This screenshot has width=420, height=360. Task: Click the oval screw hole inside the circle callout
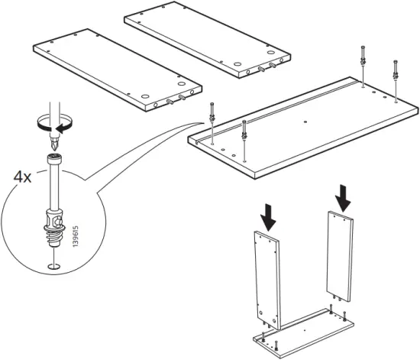click(51, 266)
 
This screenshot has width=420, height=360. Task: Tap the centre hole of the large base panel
click(304, 121)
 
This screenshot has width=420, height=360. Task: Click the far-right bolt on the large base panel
click(396, 77)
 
